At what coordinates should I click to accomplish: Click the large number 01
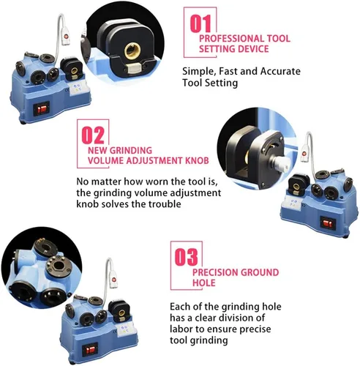click(200, 23)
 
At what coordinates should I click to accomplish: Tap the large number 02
click(93, 135)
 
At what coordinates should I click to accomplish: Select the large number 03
click(187, 257)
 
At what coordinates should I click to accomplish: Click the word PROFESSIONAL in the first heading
click(231, 39)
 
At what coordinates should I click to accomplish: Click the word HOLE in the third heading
click(204, 283)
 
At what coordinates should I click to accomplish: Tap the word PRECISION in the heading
click(213, 272)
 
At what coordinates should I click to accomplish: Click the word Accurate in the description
click(280, 71)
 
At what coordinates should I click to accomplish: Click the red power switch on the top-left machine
click(42, 109)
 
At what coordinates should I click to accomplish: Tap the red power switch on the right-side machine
click(328, 223)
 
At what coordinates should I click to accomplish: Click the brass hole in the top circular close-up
click(132, 51)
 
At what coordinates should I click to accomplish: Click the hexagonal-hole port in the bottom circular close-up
click(59, 266)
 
